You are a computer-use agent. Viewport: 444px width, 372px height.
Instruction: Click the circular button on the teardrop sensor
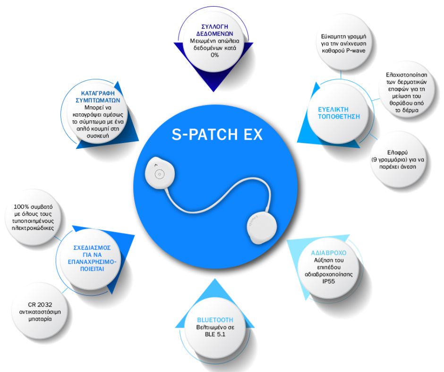pos(160,175)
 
